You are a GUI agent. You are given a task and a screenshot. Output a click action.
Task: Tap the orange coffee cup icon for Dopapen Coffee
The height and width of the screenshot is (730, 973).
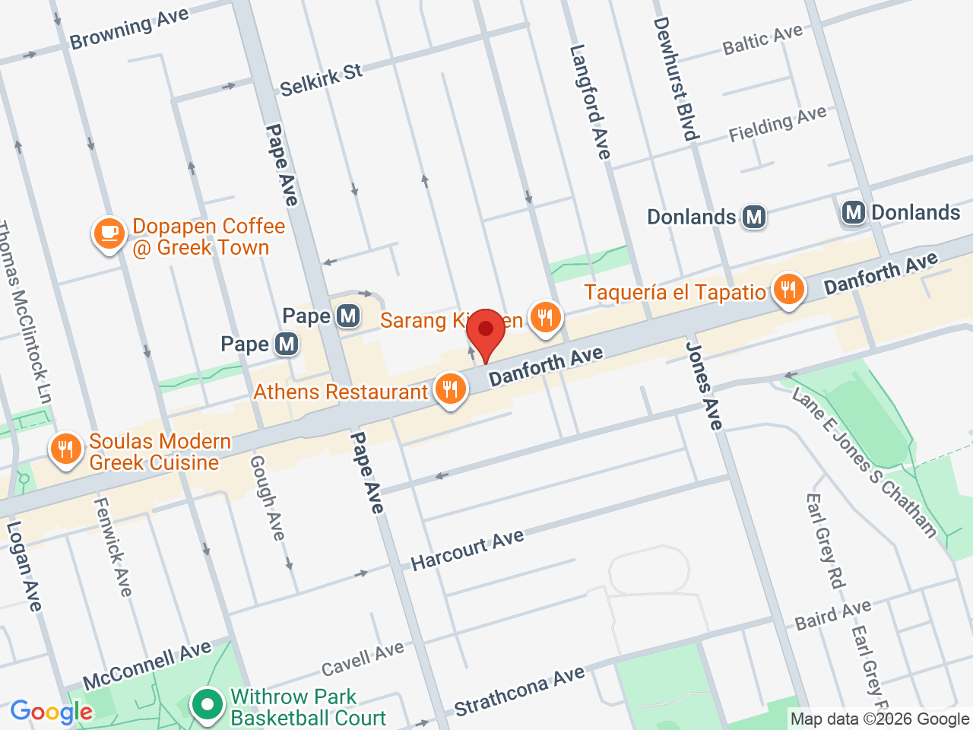[x=109, y=233]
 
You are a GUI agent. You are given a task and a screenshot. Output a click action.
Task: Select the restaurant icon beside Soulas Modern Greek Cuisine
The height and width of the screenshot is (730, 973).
[x=66, y=449]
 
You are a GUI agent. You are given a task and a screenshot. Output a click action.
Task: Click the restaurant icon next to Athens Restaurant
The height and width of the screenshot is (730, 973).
[x=450, y=389]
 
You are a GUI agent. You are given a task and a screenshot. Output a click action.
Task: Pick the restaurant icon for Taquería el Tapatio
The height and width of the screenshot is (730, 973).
[x=788, y=290]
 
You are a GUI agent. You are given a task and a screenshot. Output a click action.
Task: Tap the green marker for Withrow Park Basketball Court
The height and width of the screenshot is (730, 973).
[x=206, y=705]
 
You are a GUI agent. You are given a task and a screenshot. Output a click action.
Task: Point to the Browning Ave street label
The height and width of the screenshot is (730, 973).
[x=129, y=30]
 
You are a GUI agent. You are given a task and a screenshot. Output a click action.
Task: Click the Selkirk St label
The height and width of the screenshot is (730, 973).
[x=321, y=80]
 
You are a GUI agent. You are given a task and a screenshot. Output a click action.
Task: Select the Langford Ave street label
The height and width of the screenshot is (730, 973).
[x=590, y=102]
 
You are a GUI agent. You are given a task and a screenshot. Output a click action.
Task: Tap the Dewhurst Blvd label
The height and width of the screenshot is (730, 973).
[x=675, y=79]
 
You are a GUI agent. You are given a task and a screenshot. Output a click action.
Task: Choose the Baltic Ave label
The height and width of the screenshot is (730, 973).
[x=762, y=40]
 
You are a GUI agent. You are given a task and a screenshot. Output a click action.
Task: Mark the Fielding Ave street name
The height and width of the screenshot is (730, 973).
[x=777, y=124]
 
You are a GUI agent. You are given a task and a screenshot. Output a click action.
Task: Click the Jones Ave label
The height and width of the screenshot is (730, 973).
[x=705, y=386]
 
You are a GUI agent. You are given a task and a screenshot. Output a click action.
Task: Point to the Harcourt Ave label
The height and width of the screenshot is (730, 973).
[x=467, y=550]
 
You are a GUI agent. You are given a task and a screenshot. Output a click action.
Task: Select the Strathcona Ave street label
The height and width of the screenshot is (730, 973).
[x=520, y=690]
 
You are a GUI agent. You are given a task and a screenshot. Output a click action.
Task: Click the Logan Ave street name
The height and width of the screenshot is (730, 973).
[x=24, y=567]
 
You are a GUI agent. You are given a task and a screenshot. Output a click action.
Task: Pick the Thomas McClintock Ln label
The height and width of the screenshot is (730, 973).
[x=25, y=312]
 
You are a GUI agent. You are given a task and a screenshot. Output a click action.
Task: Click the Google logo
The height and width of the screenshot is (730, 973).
[x=51, y=713]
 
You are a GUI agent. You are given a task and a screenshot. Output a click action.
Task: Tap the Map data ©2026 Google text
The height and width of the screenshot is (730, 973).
[x=880, y=719]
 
